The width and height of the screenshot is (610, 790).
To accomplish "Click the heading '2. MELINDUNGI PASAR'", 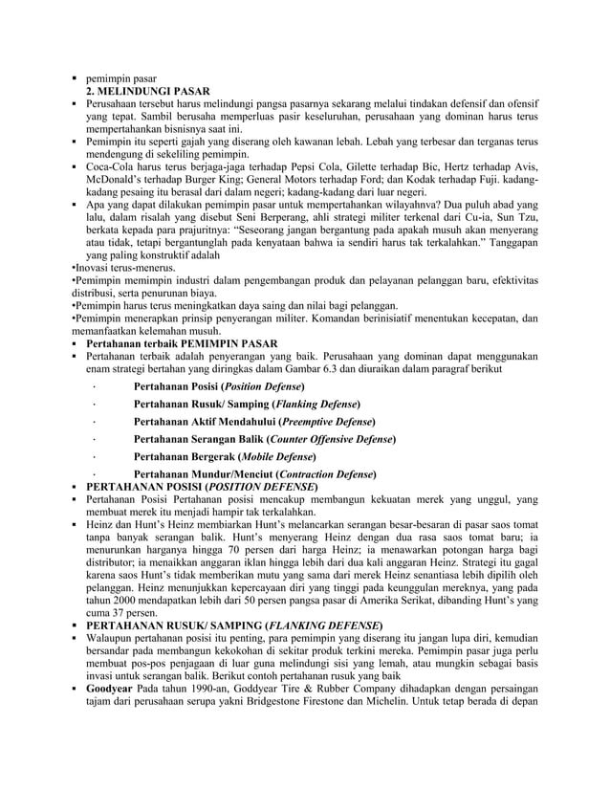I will point(142,90).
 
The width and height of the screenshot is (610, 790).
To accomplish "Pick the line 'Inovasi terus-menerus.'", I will point(121,268).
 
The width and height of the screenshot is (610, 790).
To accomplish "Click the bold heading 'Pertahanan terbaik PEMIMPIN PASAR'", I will point(182,342).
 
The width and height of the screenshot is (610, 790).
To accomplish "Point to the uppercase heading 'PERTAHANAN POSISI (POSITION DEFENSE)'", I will point(202,487).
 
